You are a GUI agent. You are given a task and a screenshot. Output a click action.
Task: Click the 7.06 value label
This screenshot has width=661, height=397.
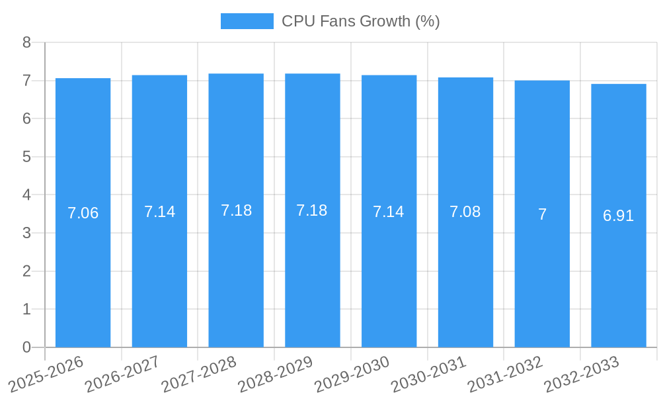coord(83,213)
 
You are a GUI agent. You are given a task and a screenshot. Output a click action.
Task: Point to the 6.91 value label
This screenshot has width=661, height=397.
coord(619,216)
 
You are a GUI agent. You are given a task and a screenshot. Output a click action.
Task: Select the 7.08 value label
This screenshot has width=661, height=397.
coord(465,212)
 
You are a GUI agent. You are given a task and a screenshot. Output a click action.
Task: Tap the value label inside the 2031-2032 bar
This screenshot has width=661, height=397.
coord(542,214)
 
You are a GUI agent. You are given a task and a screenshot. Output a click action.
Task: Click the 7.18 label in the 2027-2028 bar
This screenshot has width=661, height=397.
coord(236,210)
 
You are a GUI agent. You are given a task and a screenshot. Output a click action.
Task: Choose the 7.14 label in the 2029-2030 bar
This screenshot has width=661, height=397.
coord(389,212)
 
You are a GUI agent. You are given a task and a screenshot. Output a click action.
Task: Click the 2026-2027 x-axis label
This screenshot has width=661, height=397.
coord(122,374)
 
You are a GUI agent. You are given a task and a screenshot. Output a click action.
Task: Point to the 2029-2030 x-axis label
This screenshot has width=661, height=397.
coord(352,374)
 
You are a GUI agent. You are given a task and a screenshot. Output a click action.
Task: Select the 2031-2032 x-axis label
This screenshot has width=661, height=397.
coord(505,374)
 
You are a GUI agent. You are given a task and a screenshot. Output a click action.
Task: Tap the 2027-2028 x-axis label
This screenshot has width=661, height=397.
coord(199,374)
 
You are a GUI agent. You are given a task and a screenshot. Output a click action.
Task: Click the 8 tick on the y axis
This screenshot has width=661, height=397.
coord(26,42)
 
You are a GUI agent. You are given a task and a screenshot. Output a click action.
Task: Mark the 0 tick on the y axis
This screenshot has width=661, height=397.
coord(26,347)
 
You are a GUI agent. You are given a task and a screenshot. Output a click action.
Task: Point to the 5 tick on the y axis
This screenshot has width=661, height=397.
coord(26,157)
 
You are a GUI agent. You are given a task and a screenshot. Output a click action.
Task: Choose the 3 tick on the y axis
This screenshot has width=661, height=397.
coord(26,233)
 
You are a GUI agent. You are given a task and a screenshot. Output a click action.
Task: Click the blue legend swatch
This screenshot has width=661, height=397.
coord(247,21)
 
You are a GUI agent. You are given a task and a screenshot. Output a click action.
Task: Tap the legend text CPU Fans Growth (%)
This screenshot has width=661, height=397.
coord(361,21)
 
